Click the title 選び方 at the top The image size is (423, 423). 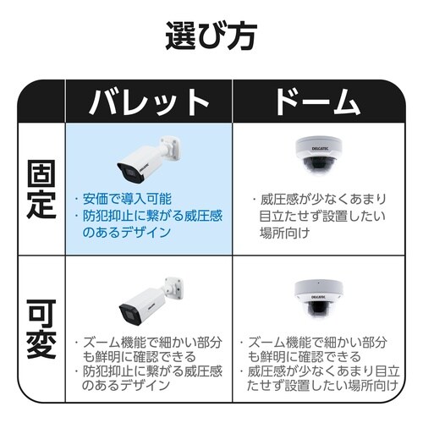211,36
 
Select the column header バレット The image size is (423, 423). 149,102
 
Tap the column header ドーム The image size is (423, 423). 318,102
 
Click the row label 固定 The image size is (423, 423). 41,190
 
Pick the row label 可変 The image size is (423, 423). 41,329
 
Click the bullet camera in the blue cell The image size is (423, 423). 149,159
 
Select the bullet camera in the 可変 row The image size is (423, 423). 151,301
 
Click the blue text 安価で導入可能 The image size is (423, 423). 127,199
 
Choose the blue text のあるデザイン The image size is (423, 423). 127,233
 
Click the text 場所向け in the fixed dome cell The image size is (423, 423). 285,233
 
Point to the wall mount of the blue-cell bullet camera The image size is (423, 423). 170,148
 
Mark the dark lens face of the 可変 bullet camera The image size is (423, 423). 130,315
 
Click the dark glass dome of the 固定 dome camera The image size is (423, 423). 318,165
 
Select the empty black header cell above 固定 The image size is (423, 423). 41,101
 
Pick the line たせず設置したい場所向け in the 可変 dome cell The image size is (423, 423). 322,385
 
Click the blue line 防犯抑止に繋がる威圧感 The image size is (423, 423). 152,216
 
